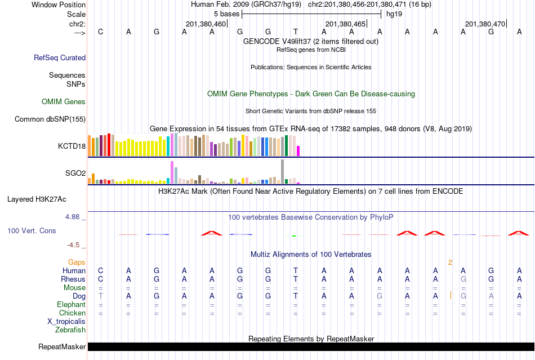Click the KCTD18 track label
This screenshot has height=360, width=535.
(72, 146)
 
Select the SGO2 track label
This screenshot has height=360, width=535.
(75, 173)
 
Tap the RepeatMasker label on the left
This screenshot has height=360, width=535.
(62, 346)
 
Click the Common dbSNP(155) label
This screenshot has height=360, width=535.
(50, 119)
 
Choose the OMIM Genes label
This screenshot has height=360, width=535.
(64, 102)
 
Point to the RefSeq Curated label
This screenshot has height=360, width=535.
(60, 57)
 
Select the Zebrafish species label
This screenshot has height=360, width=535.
(70, 330)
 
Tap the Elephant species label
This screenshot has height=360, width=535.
(72, 304)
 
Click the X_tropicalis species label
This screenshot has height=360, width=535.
(66, 321)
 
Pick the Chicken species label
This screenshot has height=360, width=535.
(73, 313)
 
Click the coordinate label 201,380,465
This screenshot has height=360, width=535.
(345, 24)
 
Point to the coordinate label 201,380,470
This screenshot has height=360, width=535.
(485, 24)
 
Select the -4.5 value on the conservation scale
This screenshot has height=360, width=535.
(73, 245)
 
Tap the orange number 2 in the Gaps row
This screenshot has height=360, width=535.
(450, 262)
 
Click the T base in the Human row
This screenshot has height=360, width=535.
(296, 270)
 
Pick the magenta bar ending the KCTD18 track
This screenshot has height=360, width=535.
(298, 151)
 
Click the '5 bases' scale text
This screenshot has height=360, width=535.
(226, 14)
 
